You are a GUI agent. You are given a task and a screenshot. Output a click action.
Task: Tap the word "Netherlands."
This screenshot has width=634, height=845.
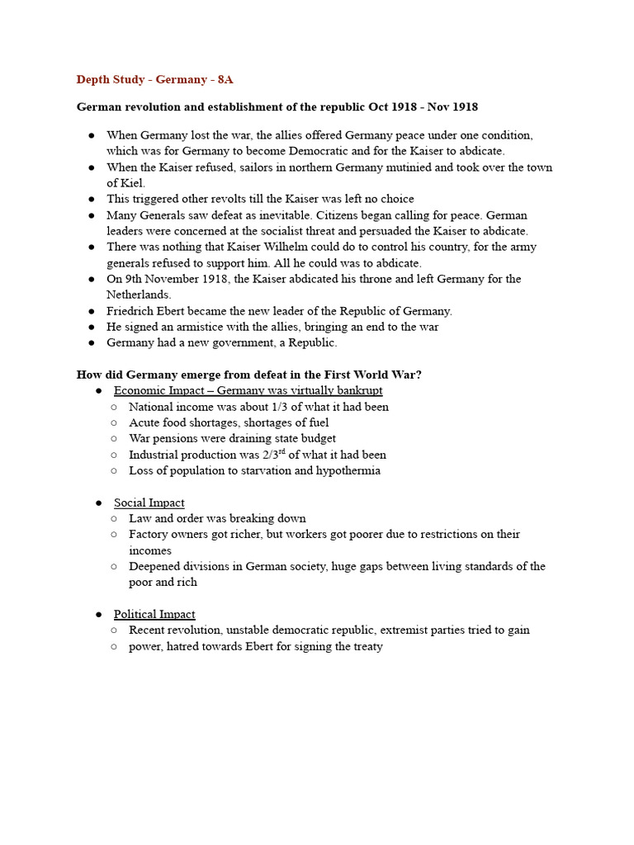(139, 295)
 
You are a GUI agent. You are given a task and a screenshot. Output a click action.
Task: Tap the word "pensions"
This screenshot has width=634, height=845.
(176, 438)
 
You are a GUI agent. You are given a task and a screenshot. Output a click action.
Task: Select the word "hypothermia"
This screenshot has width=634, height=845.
(348, 470)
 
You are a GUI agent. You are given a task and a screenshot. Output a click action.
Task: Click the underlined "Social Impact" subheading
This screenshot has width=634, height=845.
(149, 503)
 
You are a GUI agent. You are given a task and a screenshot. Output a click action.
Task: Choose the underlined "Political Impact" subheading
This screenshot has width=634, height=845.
(154, 614)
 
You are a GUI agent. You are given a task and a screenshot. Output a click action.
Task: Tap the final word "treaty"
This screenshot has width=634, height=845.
(367, 646)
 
